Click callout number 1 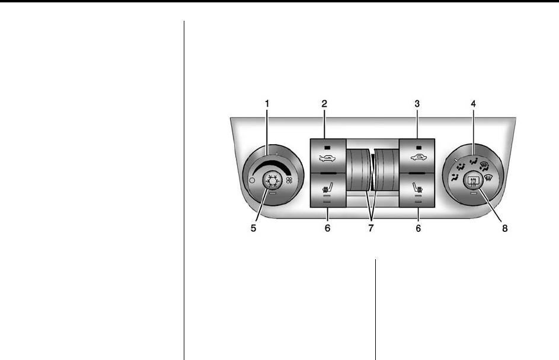[267, 104]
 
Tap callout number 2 [324, 104]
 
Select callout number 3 [417, 104]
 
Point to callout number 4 [473, 104]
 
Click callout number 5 [254, 228]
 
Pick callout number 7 [370, 228]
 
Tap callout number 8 [505, 228]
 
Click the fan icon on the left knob [289, 180]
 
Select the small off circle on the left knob [252, 180]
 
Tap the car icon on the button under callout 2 [327, 158]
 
